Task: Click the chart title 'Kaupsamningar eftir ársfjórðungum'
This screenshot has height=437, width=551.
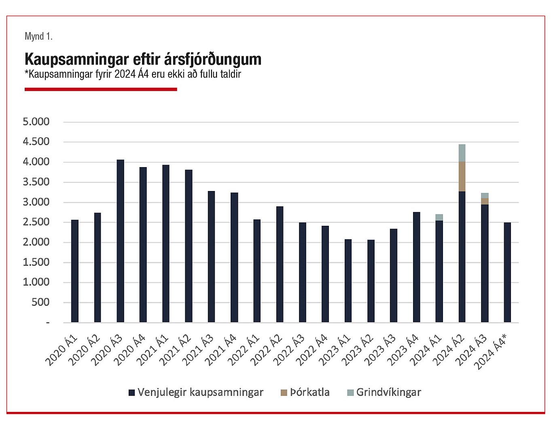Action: [143, 59]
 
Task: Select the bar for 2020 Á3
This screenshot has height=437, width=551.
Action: [120, 241]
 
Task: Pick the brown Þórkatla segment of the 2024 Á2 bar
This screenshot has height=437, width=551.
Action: [462, 176]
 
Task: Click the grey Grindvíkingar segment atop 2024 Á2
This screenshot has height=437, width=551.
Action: [462, 153]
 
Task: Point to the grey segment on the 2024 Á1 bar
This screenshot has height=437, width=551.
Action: [439, 217]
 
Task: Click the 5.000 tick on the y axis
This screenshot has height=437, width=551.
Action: [36, 122]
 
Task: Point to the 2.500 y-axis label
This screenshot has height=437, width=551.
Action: [36, 222]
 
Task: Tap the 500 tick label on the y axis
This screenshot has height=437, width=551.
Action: [40, 302]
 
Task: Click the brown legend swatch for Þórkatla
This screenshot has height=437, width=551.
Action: [284, 392]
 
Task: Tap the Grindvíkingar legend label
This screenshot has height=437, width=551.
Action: [388, 392]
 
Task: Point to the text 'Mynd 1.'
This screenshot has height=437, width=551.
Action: [38, 36]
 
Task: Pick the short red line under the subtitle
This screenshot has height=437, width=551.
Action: [101, 89]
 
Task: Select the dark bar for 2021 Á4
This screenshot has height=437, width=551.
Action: [234, 257]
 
